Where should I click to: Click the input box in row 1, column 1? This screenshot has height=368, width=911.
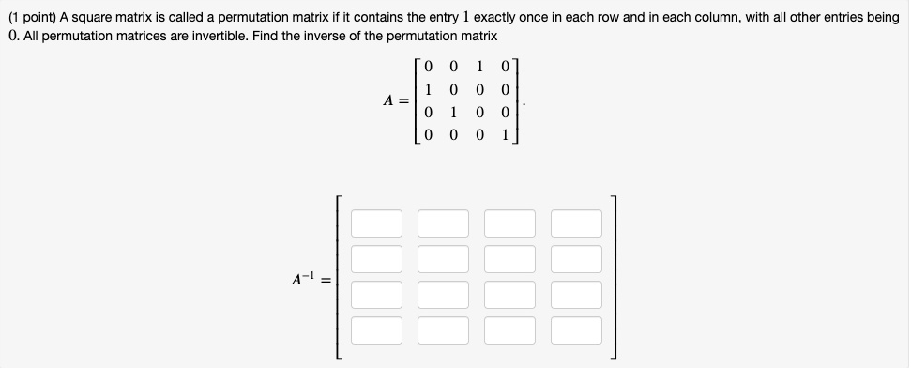377,223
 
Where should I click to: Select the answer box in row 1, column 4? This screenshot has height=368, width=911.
576,223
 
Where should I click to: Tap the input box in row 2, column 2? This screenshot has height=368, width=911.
444,259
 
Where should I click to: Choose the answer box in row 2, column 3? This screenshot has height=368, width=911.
510,259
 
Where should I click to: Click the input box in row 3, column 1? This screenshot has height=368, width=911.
377,295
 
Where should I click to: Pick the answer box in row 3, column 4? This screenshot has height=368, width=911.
576,295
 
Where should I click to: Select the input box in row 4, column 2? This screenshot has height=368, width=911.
444,330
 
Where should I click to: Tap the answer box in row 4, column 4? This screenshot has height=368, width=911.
576,330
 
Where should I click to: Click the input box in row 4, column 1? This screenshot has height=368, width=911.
377,330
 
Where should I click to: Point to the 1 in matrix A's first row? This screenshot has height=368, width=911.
480,68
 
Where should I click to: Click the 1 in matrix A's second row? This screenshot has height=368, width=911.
428,90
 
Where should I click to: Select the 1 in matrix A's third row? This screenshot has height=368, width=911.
454,113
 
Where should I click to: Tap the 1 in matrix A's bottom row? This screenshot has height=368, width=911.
505,135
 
